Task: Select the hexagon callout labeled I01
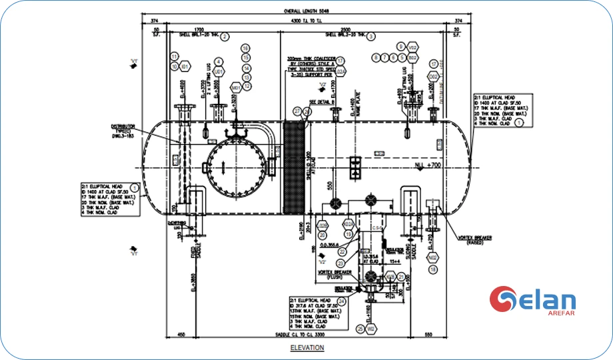185,67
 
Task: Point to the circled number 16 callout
245,49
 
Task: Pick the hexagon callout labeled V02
412,48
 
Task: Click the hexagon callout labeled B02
412,59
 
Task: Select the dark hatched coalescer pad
294,167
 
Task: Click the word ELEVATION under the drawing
306,347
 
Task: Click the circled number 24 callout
342,301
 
